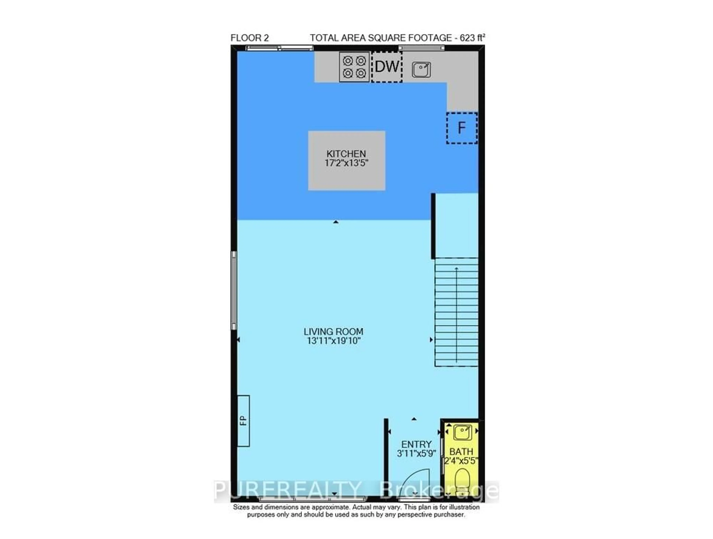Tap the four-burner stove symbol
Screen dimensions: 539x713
click(x=354, y=67)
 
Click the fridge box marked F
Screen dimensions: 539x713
click(x=462, y=128)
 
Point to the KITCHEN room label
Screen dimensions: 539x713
click(x=346, y=154)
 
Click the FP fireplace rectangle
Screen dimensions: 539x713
click(x=243, y=421)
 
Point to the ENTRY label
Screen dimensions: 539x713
click(x=416, y=444)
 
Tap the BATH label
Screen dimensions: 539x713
click(x=461, y=452)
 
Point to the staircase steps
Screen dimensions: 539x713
click(x=456, y=313)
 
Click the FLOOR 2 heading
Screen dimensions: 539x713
click(x=250, y=38)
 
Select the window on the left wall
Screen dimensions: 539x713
click(x=234, y=290)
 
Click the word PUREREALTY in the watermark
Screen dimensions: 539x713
click(x=287, y=491)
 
